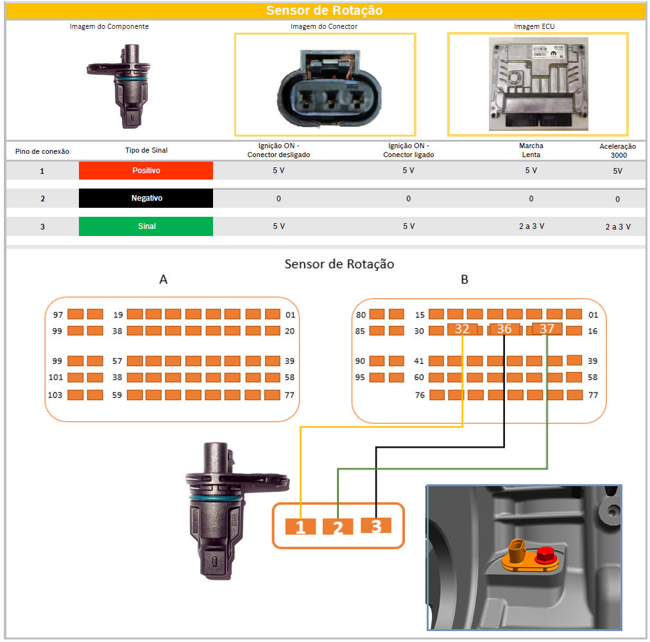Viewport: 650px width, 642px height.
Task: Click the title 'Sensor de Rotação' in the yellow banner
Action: coord(324,10)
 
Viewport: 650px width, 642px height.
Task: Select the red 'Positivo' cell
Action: coord(146,171)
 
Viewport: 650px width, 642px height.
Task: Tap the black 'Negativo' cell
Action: coord(146,198)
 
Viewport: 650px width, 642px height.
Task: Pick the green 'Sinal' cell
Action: coord(146,226)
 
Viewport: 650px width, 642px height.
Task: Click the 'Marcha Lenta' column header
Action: coord(531,150)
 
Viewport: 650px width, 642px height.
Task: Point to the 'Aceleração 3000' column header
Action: coord(618,151)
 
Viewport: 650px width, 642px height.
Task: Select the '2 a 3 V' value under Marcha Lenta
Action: coord(531,226)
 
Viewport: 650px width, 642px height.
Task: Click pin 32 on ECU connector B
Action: coord(462,329)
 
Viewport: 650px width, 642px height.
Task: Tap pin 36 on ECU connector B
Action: coord(504,329)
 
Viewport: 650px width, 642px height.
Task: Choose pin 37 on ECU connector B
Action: coord(547,328)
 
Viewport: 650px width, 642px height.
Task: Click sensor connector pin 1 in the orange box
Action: coord(300,527)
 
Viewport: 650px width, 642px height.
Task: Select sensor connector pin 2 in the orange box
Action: coord(338,527)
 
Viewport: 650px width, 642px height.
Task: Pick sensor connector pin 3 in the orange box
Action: coord(376,525)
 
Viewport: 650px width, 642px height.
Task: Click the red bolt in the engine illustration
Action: coord(546,555)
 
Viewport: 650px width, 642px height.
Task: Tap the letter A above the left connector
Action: coord(164,280)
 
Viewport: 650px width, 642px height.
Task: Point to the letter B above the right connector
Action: coord(465,280)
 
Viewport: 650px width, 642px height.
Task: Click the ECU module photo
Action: coord(538,84)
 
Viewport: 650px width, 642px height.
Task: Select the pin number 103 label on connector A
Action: coord(55,395)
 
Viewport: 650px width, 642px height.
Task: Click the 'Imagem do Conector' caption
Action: coord(324,26)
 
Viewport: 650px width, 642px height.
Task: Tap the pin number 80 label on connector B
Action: coord(361,315)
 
